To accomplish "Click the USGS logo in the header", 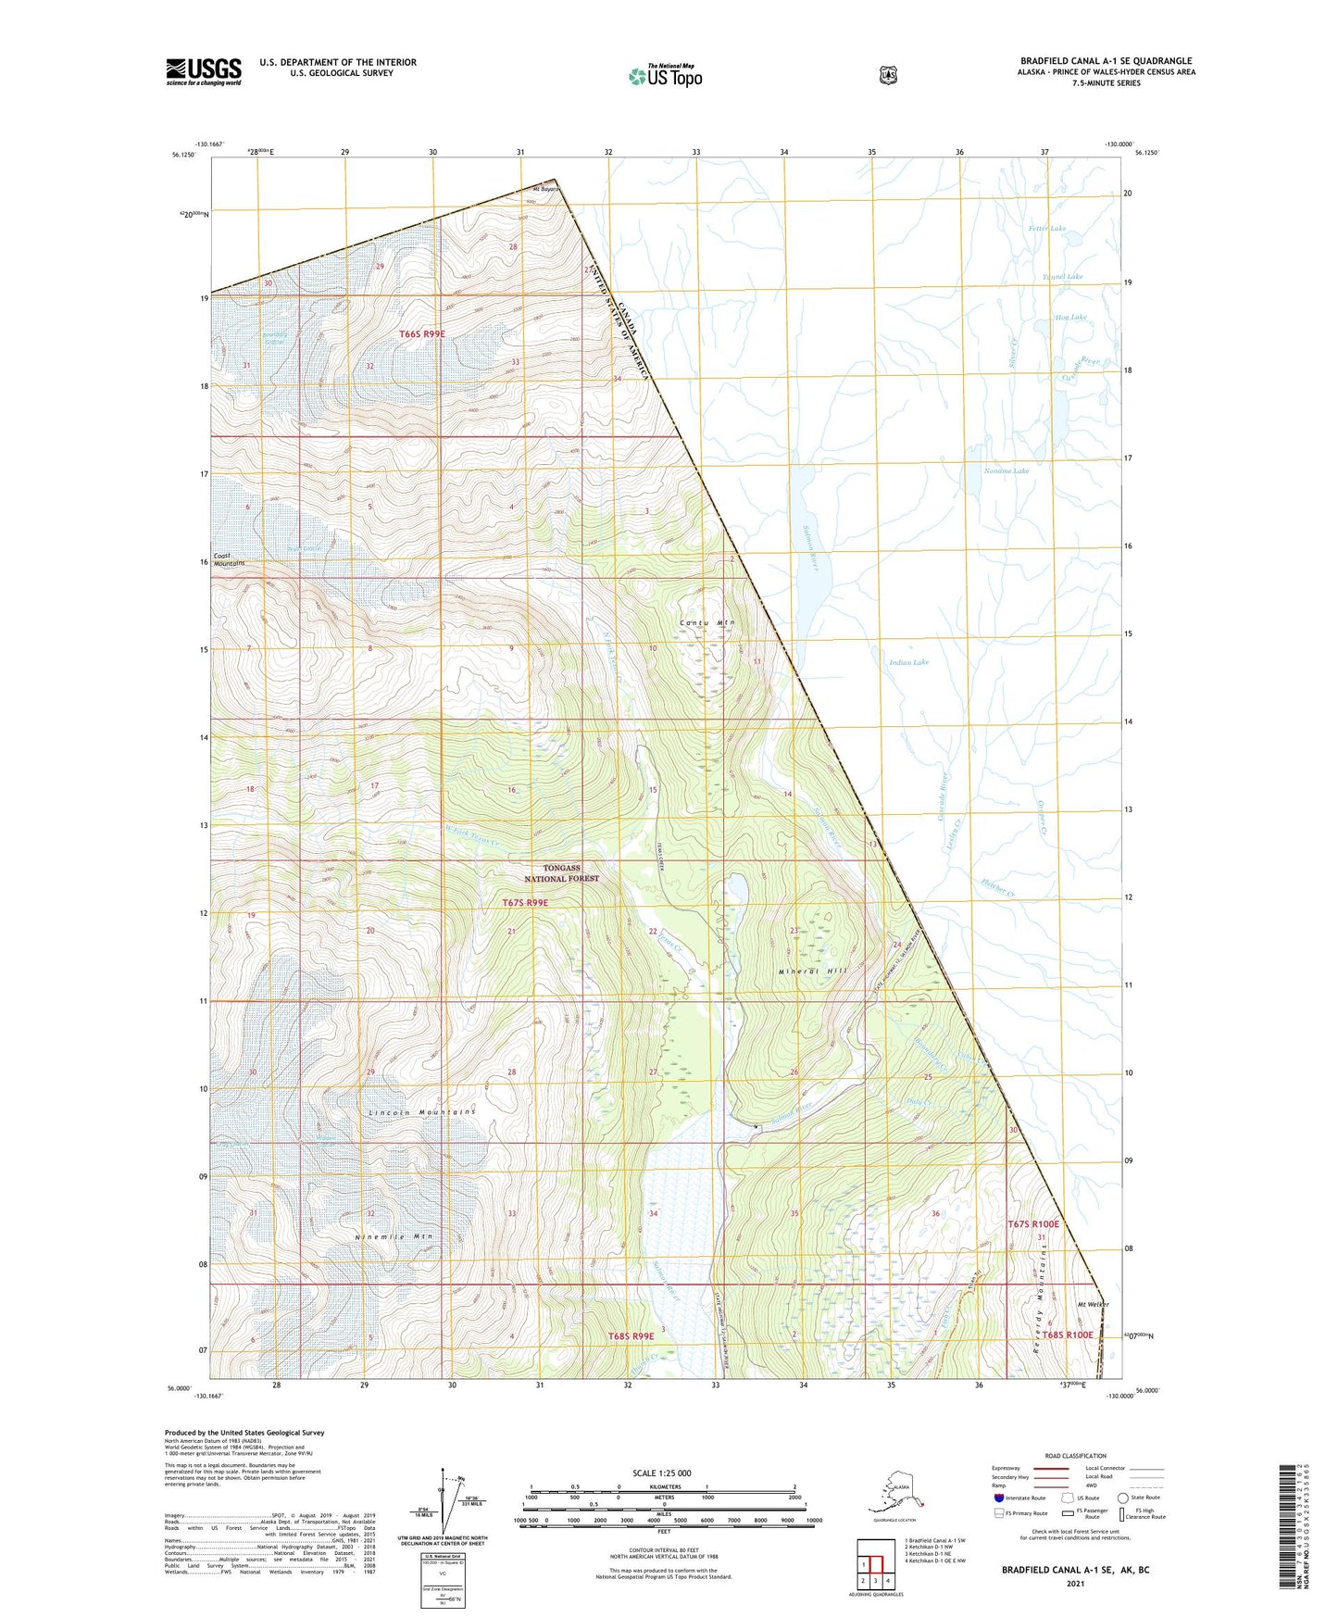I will point(204,71).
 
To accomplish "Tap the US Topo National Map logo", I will point(665,76).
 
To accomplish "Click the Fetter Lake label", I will point(1046,228).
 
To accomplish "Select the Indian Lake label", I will point(908,662).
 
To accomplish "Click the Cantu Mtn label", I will point(707,623).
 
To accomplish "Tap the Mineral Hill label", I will point(813,971).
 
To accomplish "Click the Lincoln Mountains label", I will point(421,1111).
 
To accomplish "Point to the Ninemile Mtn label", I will point(394,1237).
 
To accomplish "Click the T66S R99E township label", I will point(422,333).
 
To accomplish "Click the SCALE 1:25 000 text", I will point(661,1473).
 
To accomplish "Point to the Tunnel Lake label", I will point(1061,277).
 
